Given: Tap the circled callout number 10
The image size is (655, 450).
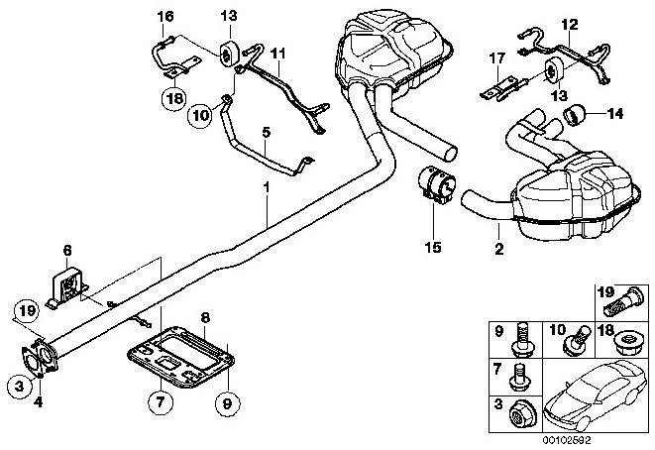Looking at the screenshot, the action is click(200, 115).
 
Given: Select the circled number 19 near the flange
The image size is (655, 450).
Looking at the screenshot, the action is click(26, 311).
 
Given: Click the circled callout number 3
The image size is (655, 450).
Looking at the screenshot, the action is click(20, 387).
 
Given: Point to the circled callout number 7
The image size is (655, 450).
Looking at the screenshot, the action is click(161, 402).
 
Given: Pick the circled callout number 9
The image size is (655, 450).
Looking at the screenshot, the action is click(228, 403).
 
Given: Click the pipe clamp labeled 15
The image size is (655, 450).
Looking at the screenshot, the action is click(437, 184).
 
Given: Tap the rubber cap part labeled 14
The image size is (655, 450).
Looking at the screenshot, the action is click(574, 114).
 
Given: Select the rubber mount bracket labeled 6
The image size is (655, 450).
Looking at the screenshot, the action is click(66, 289).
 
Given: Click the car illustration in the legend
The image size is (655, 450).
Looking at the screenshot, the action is click(597, 394).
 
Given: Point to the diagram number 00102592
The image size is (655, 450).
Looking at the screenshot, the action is click(567, 440).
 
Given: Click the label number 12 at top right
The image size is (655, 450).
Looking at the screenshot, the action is click(570, 24).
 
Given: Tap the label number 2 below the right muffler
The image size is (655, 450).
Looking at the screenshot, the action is click(499, 249).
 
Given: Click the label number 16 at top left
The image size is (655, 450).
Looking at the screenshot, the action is click(165, 16).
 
